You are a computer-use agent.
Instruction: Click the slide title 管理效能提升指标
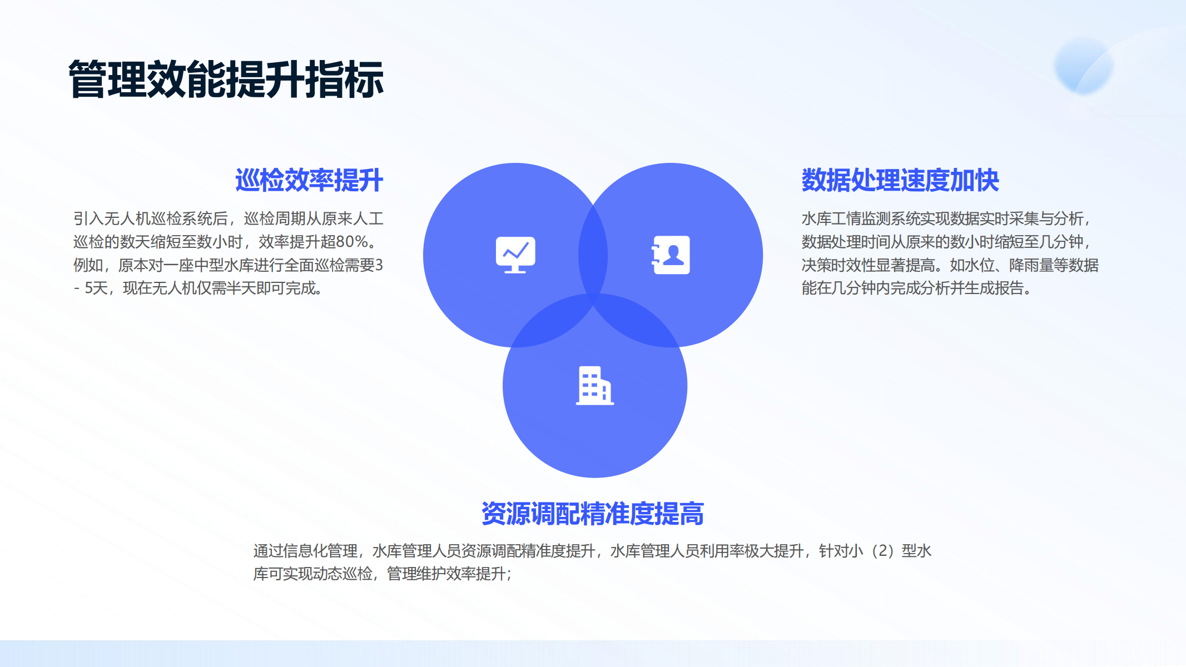click(x=226, y=79)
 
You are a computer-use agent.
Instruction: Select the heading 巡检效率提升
click(x=309, y=180)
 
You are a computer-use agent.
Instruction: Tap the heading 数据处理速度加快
click(x=900, y=180)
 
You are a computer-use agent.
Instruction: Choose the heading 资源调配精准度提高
click(x=593, y=514)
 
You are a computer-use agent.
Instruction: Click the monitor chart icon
click(x=515, y=255)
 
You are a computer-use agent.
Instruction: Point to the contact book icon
click(x=671, y=255)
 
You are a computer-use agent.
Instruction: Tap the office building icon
click(x=594, y=386)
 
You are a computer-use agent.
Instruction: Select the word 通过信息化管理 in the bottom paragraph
click(x=305, y=551)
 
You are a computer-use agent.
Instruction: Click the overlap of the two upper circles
click(x=593, y=255)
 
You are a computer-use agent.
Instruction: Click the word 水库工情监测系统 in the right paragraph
click(x=861, y=218)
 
